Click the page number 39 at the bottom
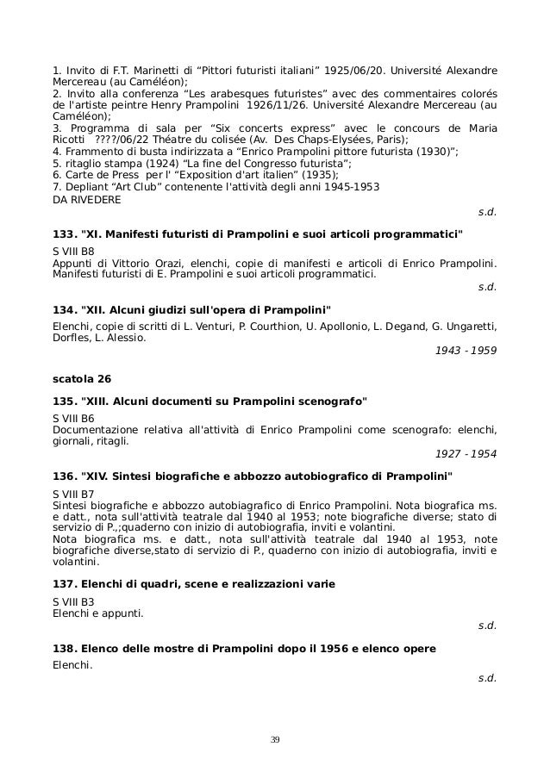coord(275,739)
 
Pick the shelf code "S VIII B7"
coord(74,492)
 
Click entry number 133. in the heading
coord(66,234)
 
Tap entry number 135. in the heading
coord(66,401)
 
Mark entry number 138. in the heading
coord(66,648)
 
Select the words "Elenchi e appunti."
coord(98,613)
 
